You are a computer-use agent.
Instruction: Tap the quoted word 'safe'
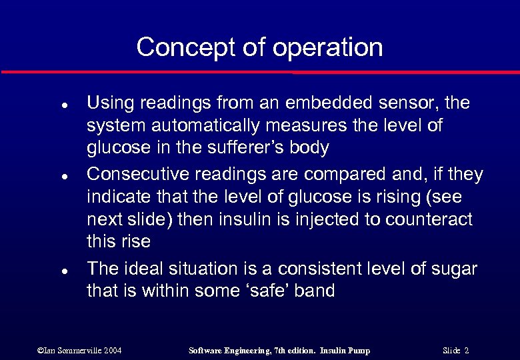tap(257, 291)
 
